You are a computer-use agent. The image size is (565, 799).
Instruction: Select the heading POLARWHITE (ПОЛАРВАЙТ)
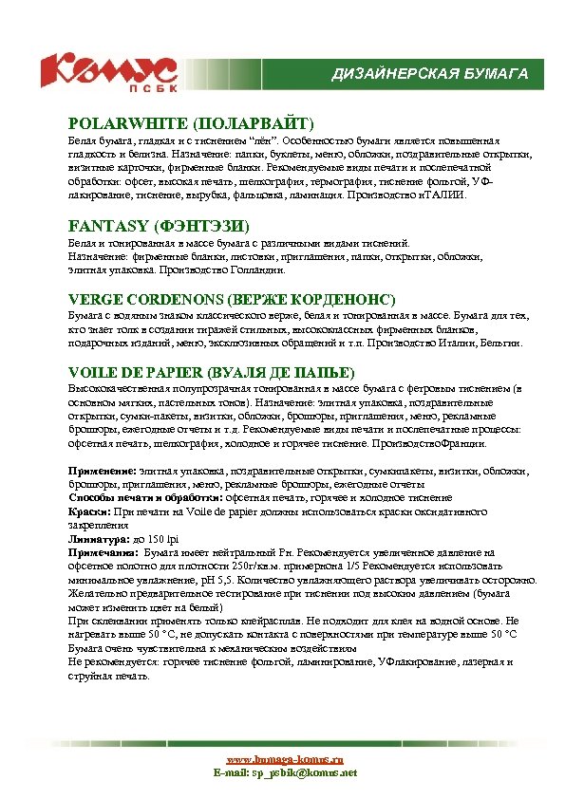(x=191, y=123)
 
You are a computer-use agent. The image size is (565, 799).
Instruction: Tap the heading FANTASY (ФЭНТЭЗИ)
(x=159, y=226)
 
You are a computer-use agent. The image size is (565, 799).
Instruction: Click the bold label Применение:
(x=103, y=471)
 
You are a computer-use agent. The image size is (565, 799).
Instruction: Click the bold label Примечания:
(x=104, y=551)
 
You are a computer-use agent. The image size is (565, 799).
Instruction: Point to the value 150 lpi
(x=156, y=537)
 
